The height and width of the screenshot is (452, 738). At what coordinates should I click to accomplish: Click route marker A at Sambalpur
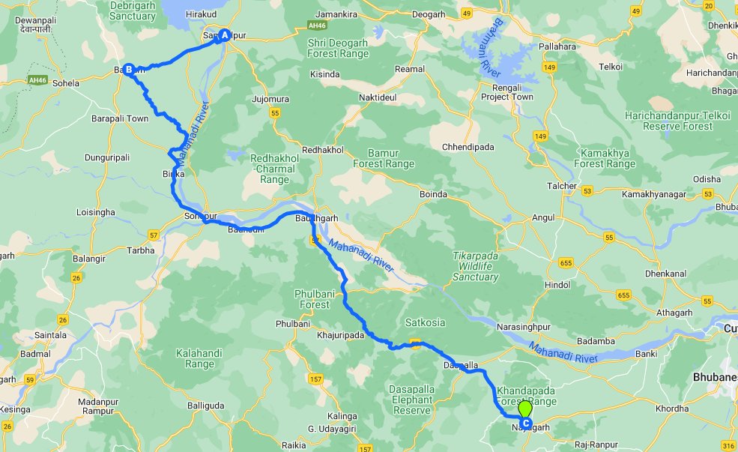[x=223, y=34]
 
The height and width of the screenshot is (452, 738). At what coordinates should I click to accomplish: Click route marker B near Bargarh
[x=128, y=70]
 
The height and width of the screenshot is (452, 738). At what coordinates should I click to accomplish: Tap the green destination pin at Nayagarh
[x=525, y=410]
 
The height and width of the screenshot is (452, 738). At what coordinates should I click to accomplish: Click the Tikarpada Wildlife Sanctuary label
[x=475, y=266]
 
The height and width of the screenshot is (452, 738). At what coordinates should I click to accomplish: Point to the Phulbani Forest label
[x=314, y=299]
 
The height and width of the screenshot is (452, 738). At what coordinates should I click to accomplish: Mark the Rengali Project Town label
[x=507, y=91]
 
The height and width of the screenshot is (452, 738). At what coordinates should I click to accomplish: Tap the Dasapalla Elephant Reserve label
[x=411, y=400]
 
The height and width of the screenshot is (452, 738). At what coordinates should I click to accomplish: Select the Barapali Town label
[x=120, y=118]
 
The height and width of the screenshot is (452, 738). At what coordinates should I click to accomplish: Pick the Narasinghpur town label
[x=529, y=328]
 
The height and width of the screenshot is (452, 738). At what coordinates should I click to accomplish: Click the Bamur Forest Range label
[x=383, y=158]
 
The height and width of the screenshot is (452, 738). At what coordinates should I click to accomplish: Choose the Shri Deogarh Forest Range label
[x=338, y=48]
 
